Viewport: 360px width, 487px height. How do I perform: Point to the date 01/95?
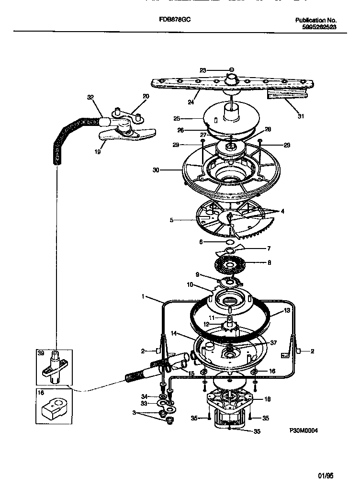pos(326,476)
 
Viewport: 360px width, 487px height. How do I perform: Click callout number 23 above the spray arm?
pos(202,70)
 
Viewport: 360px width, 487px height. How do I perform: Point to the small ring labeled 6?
pos(229,242)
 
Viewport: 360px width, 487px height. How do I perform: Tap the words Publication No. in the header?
pos(316,20)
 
